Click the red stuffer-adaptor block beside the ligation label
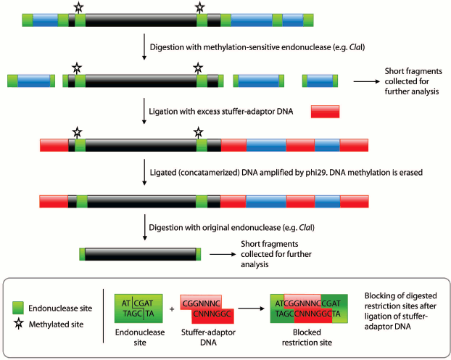[325, 112]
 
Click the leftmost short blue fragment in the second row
[32, 80]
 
